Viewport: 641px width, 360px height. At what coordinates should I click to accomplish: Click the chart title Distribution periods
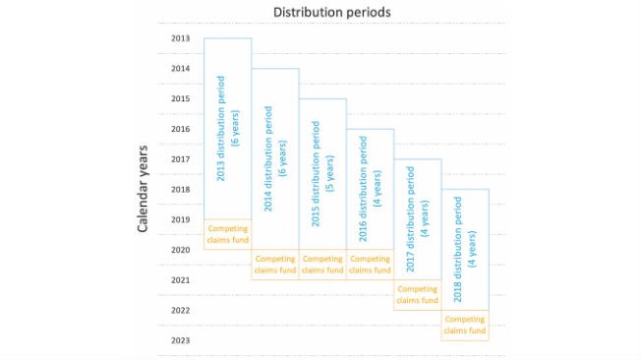[x=332, y=12]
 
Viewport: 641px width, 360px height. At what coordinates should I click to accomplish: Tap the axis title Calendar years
[x=143, y=189]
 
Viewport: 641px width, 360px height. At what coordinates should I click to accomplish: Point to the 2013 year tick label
[x=180, y=38]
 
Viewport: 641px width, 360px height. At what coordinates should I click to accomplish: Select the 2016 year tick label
[x=180, y=129]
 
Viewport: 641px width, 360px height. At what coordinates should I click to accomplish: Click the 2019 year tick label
[x=180, y=219]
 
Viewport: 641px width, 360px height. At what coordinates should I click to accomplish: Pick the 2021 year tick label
[x=180, y=280]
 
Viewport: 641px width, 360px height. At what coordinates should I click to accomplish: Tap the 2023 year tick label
[x=180, y=340]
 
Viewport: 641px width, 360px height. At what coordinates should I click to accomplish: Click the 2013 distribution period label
[x=228, y=129]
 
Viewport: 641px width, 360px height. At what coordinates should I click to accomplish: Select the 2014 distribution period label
[x=275, y=158]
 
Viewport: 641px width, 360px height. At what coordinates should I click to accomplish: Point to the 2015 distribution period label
[x=322, y=174]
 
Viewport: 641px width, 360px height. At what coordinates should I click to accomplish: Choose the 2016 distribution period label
[x=370, y=189]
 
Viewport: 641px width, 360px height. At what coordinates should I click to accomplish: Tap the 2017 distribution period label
[x=418, y=219]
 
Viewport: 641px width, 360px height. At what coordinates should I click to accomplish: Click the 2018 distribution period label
[x=465, y=250]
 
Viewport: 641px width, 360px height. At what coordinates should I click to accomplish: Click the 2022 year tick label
[x=180, y=311]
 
